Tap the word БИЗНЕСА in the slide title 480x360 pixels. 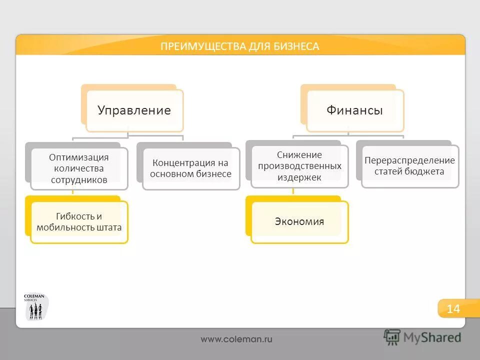pos(295,46)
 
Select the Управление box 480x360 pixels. pos(134,110)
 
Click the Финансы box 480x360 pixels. pos(354,110)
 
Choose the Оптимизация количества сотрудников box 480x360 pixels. pos(78,168)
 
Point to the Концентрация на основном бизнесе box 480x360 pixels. pos(191,168)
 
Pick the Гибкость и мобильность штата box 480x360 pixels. pos(79,222)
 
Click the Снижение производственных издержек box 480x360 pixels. pos(299,166)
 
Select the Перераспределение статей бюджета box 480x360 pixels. pos(409,166)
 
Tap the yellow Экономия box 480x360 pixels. pos(299,221)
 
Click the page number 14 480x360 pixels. pos(452,308)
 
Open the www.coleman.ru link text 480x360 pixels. pos(236,339)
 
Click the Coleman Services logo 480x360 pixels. pos(36,307)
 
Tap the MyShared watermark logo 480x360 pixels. pos(423,337)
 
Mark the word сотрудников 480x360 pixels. pos(78,180)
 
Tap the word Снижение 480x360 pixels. pos(299,155)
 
